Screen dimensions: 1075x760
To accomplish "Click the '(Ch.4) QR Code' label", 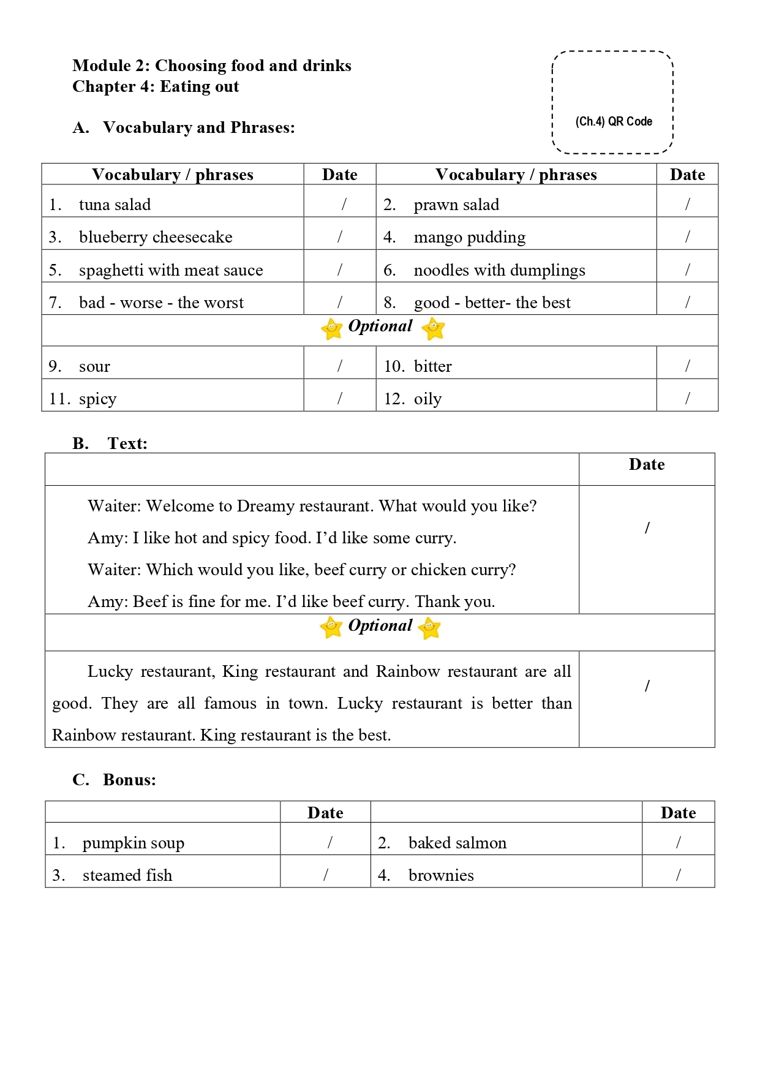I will click(x=614, y=121).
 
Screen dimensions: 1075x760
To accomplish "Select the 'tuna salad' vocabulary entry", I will click(x=115, y=205).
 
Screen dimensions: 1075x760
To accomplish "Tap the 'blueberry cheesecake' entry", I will click(x=156, y=237).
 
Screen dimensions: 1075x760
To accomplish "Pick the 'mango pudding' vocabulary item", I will click(x=469, y=237).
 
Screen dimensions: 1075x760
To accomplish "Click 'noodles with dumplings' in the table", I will click(x=499, y=270).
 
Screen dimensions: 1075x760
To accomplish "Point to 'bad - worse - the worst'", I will click(x=161, y=303).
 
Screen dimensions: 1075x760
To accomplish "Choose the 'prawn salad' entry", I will click(x=456, y=205).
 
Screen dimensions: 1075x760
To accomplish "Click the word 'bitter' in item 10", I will click(x=432, y=366).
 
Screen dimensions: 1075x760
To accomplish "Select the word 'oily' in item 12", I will click(x=427, y=399).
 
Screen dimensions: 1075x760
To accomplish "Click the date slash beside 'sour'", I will click(x=340, y=366).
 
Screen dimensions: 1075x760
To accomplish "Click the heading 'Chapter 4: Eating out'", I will click(x=156, y=86).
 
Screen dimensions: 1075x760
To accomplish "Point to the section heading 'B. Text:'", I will click(x=110, y=443).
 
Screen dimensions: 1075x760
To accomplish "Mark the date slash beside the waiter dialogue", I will click(x=647, y=528).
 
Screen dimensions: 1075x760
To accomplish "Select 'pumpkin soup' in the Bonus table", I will click(x=133, y=843).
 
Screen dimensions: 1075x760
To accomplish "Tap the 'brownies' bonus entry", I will click(x=441, y=875).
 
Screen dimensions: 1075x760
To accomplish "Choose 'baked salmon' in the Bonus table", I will click(x=457, y=843).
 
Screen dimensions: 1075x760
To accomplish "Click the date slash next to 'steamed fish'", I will click(x=326, y=875).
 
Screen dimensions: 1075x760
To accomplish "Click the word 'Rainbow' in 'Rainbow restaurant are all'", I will click(x=407, y=671).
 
